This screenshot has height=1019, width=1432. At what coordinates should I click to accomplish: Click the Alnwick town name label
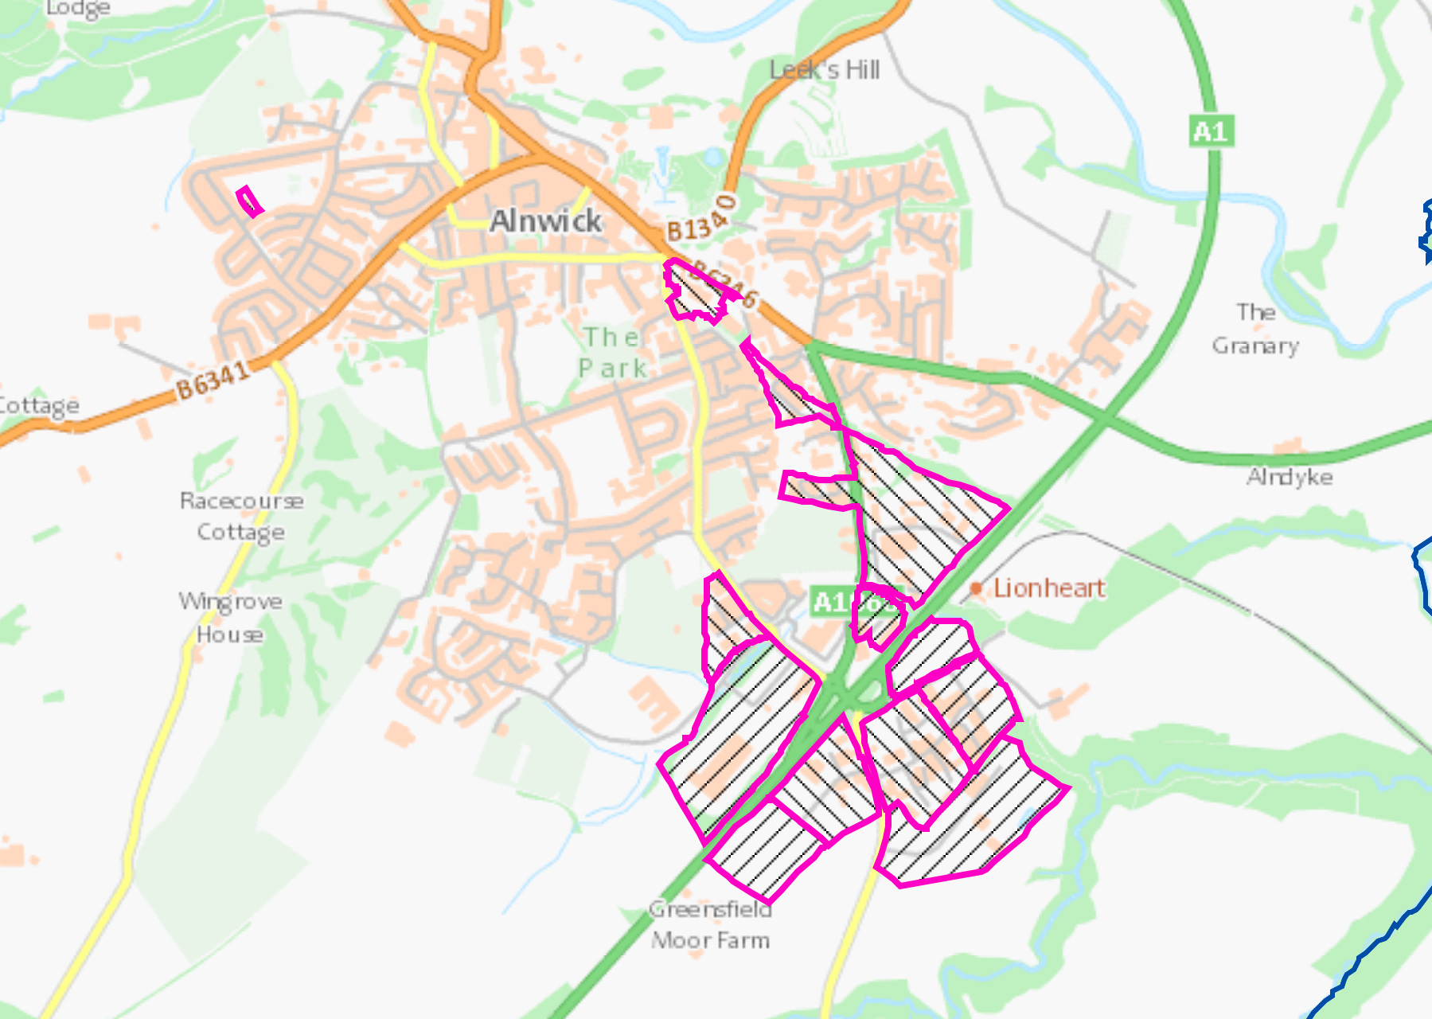pos(545,221)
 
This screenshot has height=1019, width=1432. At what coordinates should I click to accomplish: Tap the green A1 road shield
pos(1212,131)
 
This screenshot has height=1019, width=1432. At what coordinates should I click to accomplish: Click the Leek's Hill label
pos(825,71)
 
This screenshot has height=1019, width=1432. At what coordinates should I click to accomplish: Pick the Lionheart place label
pos(1049,588)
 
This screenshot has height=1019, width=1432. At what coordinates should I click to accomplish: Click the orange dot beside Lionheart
pos(977,589)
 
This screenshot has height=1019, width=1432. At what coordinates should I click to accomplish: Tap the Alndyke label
pos(1290,477)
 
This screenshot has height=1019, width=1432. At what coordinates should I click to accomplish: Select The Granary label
pos(1255,329)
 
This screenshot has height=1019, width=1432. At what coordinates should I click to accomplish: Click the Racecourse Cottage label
pos(241,516)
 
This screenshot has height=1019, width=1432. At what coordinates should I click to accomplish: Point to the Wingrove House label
pos(230,617)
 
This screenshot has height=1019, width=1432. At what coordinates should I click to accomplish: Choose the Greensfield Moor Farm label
pos(710,924)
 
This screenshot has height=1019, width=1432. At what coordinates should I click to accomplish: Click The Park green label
pos(612,353)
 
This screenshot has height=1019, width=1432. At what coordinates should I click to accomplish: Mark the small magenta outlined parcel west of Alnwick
pos(250,201)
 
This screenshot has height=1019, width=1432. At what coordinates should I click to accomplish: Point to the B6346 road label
pos(724,283)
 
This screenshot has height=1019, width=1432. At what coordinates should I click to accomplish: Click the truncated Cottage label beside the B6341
pos(38,406)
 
